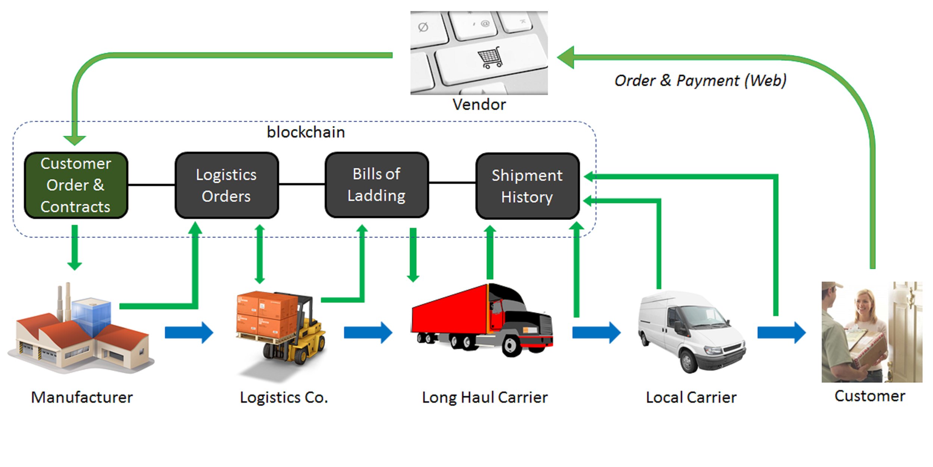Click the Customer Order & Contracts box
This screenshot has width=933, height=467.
click(x=76, y=185)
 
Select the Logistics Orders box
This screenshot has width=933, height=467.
click(x=227, y=185)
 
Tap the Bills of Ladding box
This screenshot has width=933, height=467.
click(x=377, y=185)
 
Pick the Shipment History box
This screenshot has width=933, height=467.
click(x=527, y=186)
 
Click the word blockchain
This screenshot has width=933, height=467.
click(x=306, y=132)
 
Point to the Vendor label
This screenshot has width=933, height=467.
click(x=479, y=105)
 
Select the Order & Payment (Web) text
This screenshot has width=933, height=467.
click(x=700, y=81)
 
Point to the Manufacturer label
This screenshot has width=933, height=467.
click(x=82, y=397)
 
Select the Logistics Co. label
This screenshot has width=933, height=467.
click(x=284, y=398)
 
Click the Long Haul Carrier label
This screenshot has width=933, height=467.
click(x=485, y=398)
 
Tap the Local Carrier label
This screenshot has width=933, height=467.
click(x=691, y=398)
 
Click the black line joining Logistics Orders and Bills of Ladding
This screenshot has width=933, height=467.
click(x=302, y=184)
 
